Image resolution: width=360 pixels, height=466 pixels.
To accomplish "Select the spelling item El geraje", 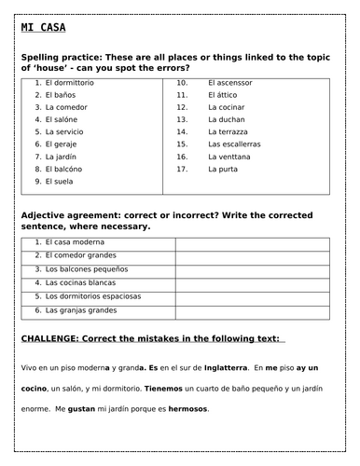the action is tap(61, 144).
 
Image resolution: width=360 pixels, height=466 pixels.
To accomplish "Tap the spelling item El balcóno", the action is tap(63, 169).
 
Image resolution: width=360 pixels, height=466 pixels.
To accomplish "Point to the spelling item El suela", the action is tap(59, 182).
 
